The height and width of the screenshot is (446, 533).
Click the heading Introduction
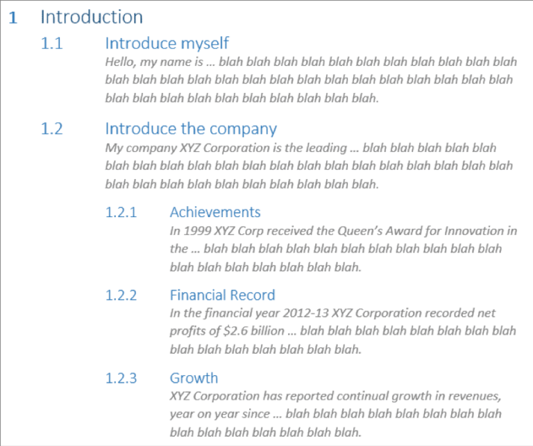(x=92, y=17)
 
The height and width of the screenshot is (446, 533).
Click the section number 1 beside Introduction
(x=13, y=18)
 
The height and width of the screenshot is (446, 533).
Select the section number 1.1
(x=51, y=44)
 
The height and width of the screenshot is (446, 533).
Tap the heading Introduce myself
(x=167, y=44)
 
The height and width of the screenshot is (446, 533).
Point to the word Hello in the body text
(x=121, y=62)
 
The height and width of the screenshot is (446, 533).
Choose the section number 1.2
(x=51, y=129)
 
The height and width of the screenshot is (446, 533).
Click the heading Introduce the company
(x=191, y=129)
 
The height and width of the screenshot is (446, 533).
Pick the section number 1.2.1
(x=121, y=212)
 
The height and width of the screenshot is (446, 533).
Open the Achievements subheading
(x=215, y=212)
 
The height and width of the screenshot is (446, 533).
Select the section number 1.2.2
(x=121, y=295)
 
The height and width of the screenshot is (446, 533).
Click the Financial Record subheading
(x=222, y=295)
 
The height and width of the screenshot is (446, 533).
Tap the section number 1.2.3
(x=121, y=379)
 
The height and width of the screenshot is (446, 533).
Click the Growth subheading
(x=194, y=379)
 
